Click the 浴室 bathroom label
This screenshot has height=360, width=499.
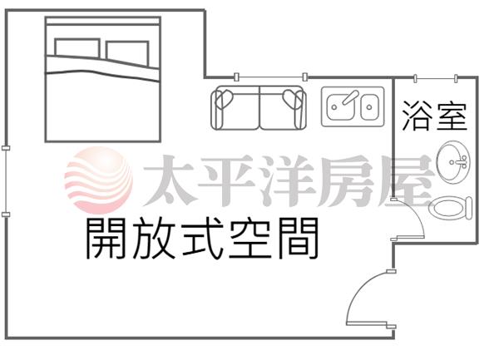pos(434,116)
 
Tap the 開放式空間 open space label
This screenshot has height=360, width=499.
pos(202,239)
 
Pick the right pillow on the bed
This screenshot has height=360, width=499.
pos(127,53)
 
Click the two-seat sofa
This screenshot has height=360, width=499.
pos(259,107)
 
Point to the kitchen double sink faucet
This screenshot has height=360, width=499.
pos(350,97)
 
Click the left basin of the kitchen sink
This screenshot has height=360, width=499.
pos(340,107)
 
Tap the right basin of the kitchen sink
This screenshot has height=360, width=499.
pos(370,107)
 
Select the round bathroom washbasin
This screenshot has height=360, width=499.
pos(453,162)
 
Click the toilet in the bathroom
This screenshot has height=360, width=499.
pos(451,209)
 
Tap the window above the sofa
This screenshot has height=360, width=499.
pos(271,77)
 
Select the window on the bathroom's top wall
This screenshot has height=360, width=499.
pos(436,78)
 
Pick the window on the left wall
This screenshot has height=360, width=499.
pos(6,181)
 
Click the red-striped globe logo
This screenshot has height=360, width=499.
pos(99,180)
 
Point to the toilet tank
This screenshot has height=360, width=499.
pos(468,208)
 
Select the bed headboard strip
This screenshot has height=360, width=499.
pos(103,21)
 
